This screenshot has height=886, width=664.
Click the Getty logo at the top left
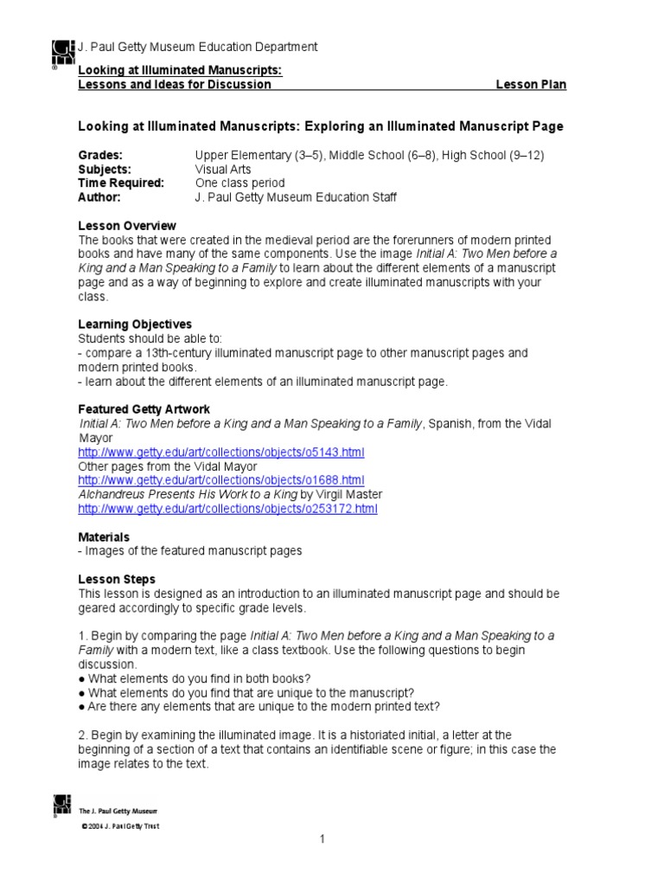point(63,54)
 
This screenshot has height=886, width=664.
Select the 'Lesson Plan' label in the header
point(531,85)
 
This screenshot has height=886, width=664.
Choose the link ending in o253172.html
point(227,508)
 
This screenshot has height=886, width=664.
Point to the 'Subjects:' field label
point(105,170)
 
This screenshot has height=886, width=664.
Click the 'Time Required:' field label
point(121,183)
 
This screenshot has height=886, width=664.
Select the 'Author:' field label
point(99,197)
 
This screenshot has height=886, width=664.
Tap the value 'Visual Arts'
point(224,170)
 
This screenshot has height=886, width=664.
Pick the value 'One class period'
point(239,183)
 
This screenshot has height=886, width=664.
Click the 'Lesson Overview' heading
point(127,226)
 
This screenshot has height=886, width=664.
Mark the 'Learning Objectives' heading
point(135,324)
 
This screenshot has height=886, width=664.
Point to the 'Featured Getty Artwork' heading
point(144,409)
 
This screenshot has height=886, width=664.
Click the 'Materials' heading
point(104,536)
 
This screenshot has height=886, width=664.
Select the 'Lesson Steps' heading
point(117,579)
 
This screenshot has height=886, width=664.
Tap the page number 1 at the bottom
point(322,839)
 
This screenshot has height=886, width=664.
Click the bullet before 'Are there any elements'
point(81,706)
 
